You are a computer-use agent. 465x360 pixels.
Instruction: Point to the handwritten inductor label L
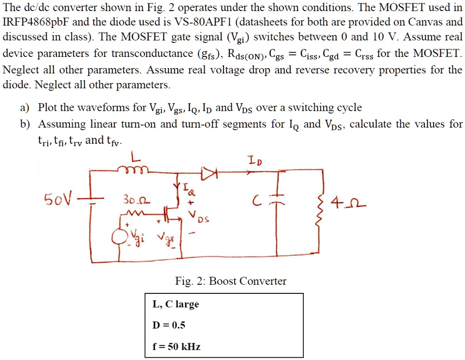(x=136, y=157)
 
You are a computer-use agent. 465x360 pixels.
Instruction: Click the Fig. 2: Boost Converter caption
(x=231, y=281)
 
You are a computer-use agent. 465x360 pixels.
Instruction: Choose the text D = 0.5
(x=169, y=325)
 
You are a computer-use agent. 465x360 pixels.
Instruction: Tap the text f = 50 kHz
(x=176, y=346)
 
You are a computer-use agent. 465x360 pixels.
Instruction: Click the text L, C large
(x=175, y=304)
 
